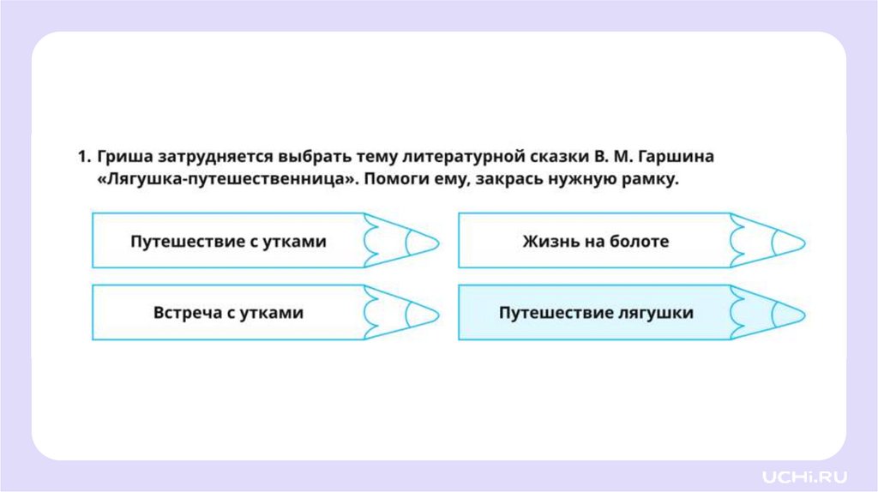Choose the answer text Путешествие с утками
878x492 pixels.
(x=228, y=241)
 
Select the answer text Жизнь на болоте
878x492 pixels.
(x=595, y=241)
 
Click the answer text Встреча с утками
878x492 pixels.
(x=228, y=313)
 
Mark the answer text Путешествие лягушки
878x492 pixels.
(x=596, y=313)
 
